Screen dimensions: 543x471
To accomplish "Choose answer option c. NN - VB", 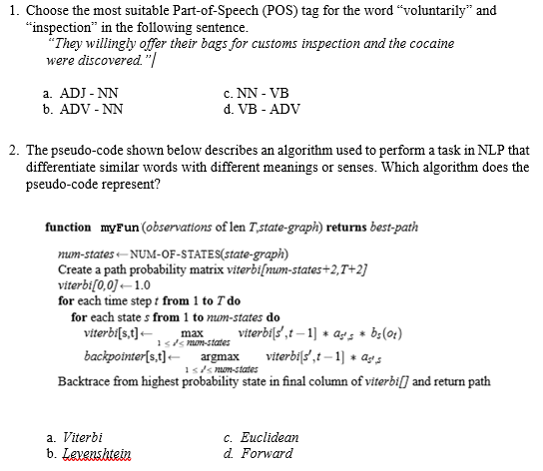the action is [257, 93].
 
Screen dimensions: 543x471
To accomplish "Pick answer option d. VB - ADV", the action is [259, 108].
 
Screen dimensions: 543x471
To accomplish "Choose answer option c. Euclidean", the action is [263, 437].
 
